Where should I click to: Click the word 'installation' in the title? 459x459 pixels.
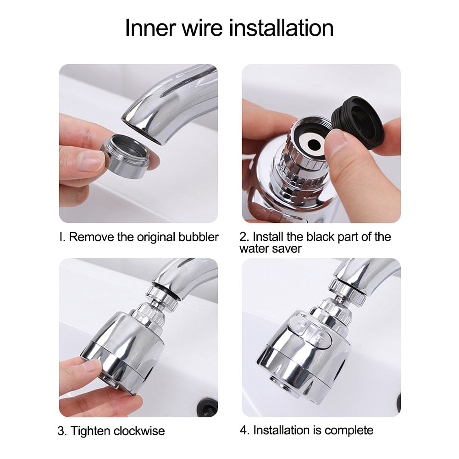pos(281,28)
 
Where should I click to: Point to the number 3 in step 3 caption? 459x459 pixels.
pos(61,431)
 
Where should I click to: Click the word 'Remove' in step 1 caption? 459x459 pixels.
pos(87,237)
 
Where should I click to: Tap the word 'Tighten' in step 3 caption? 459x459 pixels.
pos(90,431)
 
